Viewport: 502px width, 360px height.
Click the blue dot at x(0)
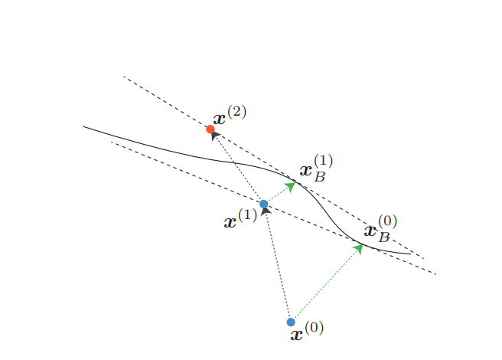[x=291, y=322]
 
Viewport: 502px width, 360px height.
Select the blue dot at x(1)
[x=264, y=204]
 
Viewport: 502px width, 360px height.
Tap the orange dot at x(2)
[x=210, y=129]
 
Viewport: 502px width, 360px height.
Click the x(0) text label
[x=307, y=331]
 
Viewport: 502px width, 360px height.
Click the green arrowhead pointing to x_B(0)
[x=358, y=248]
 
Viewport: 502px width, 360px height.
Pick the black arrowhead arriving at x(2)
[x=215, y=135]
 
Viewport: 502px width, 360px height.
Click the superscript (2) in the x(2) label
[x=236, y=111]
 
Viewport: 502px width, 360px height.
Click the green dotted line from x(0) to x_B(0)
[x=325, y=284]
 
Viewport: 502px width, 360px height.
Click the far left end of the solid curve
[x=83, y=126]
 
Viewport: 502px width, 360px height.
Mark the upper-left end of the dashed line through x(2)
[x=124, y=77]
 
